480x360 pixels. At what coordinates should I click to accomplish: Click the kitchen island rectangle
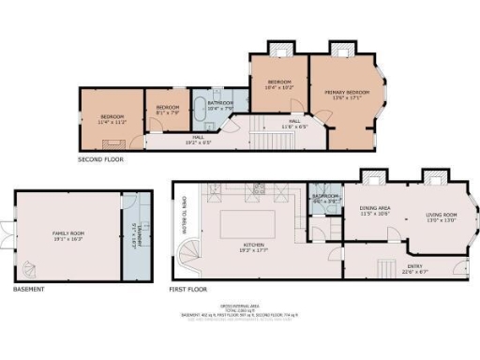tap(247, 226)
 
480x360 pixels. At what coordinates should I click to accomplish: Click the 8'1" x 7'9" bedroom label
tap(167, 109)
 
